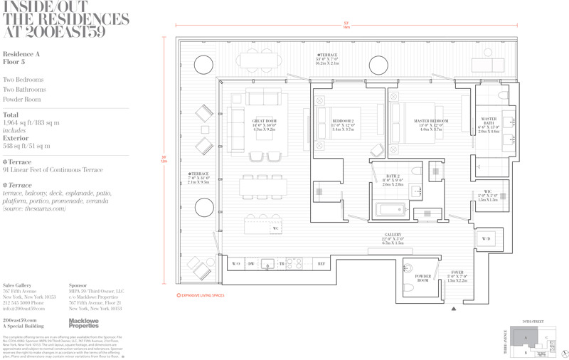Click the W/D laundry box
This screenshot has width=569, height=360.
(486, 239)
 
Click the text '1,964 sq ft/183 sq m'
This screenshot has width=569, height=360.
(31, 123)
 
